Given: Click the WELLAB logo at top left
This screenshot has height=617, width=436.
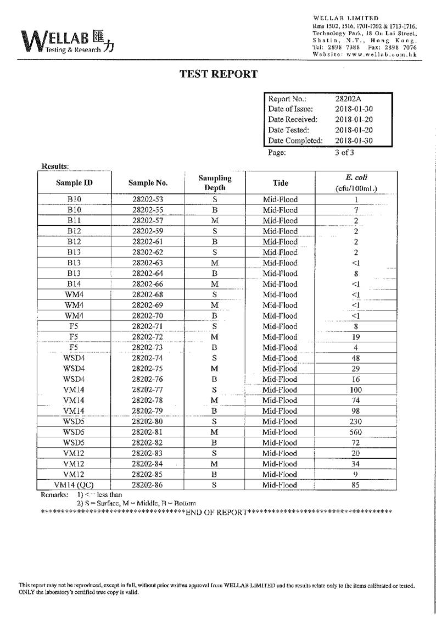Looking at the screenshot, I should tap(68, 41).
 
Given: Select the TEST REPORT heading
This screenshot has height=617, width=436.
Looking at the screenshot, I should tap(219, 74).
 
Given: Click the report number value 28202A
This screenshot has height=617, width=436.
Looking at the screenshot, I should tap(348, 99).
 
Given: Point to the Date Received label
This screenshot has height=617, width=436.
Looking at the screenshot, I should tap(293, 119).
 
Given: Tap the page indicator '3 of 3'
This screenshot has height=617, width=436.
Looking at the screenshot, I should tap(344, 153).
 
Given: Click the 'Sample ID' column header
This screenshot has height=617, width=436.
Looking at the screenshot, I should tap(74, 183).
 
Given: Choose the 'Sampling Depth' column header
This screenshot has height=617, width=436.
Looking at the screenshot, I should tap(215, 183).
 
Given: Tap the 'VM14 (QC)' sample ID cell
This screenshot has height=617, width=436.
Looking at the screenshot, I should tap(74, 485).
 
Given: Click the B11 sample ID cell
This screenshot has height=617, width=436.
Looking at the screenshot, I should tap(74, 221).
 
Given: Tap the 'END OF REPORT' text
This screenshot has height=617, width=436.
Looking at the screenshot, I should tap(216, 512).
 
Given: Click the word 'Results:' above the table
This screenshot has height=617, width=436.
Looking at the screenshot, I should tap(55, 166).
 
